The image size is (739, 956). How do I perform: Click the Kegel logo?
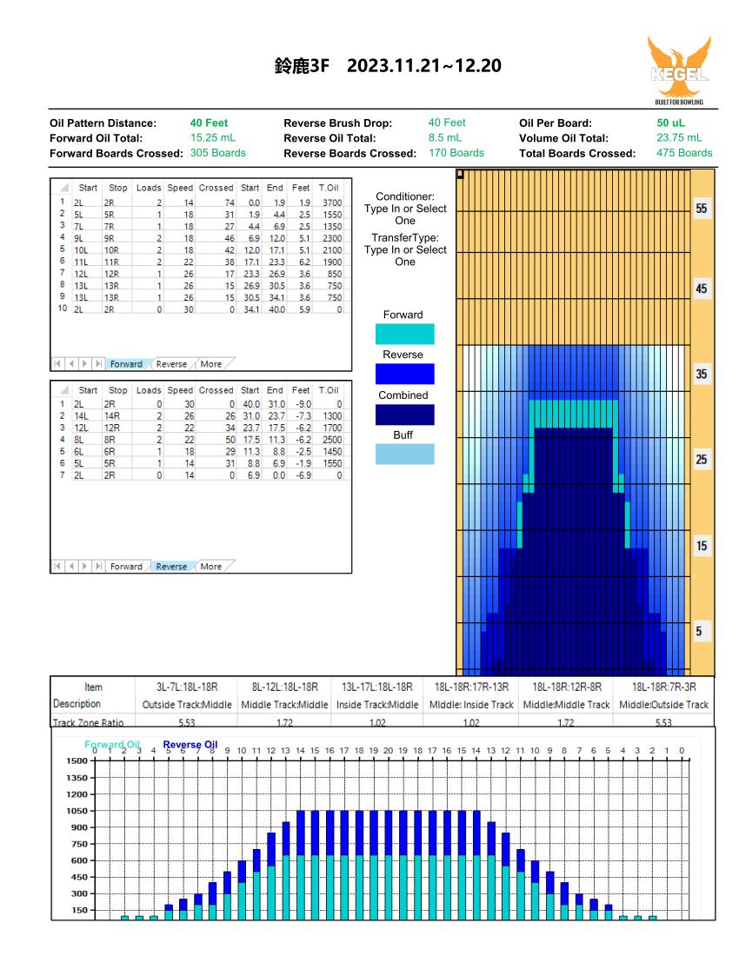[x=679, y=70]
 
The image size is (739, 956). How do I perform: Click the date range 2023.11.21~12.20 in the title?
[x=424, y=66]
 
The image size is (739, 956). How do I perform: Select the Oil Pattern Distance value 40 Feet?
[x=210, y=123]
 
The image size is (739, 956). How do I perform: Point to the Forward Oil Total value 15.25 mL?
[x=213, y=138]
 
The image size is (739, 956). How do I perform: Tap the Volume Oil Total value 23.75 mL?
[x=679, y=138]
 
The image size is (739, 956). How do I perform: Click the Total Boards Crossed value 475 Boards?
[x=684, y=153]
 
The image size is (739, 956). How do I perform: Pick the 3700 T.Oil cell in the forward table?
[x=332, y=202]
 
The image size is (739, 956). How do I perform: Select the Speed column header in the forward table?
[x=180, y=188]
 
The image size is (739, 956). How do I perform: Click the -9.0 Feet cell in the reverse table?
[x=303, y=403]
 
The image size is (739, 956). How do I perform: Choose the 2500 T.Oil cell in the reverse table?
[x=332, y=440]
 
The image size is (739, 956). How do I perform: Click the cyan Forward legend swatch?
[x=405, y=334]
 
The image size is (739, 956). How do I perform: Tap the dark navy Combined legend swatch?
[x=405, y=415]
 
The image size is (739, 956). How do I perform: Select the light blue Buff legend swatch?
[x=405, y=455]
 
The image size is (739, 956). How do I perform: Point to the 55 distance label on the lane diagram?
[x=702, y=209]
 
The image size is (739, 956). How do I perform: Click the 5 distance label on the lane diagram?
[x=699, y=631]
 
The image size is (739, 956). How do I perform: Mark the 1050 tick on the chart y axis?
[x=77, y=811]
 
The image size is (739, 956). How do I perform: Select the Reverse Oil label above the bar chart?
[x=190, y=745]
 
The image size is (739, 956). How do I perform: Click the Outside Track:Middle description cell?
[x=187, y=704]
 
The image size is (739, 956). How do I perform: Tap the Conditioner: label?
[x=405, y=196]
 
